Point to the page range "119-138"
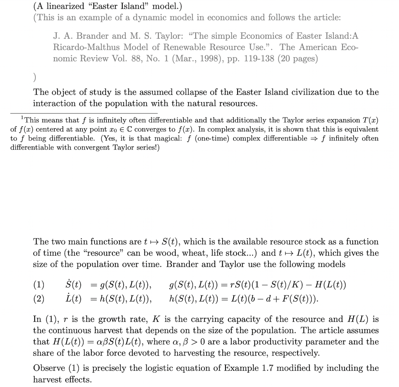click(x=259, y=58)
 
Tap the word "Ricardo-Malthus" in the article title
click(x=86, y=47)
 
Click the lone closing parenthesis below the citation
click(x=35, y=77)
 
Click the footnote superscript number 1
click(x=22, y=118)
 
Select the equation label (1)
click(x=39, y=285)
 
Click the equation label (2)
click(x=39, y=298)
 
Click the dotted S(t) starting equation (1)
click(x=73, y=285)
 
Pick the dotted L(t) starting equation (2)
click(x=73, y=298)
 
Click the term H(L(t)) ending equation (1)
click(x=330, y=285)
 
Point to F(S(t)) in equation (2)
click(x=296, y=298)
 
